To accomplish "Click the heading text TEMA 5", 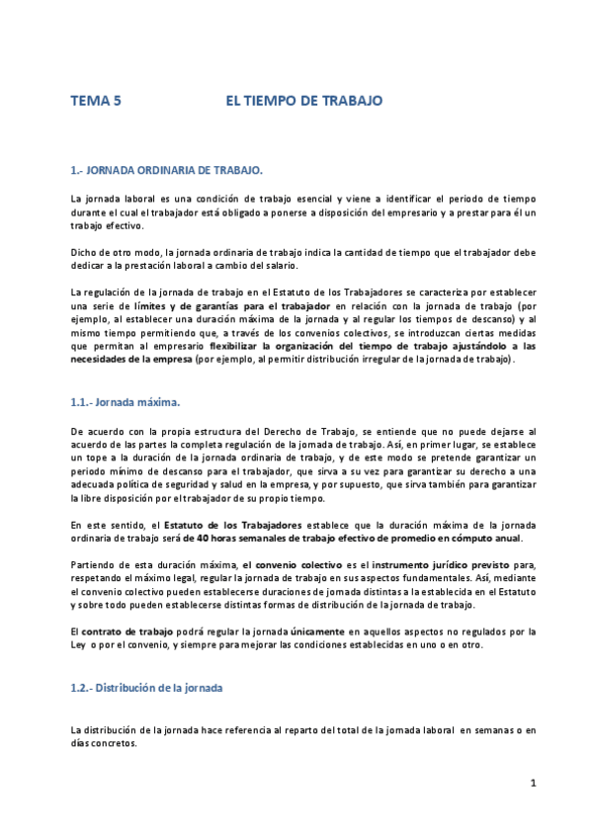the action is pyautogui.click(x=96, y=101).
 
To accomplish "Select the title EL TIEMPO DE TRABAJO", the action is pyautogui.click(x=303, y=101).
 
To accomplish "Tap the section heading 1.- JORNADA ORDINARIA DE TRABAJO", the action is pyautogui.click(x=166, y=170).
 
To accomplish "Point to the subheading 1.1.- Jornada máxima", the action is pyautogui.click(x=126, y=402).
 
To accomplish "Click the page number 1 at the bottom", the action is pyautogui.click(x=532, y=784).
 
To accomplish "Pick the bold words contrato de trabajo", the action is pyautogui.click(x=119, y=630).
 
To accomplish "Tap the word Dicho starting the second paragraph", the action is pyautogui.click(x=85, y=253).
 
